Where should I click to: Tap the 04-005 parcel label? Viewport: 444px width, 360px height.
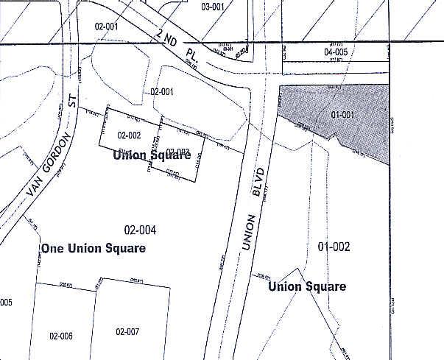(336, 52)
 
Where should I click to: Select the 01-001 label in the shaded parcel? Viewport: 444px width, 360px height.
(343, 114)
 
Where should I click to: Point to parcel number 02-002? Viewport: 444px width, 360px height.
(129, 135)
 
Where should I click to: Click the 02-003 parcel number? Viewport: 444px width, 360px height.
(178, 152)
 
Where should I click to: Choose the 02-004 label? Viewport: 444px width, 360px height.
(140, 230)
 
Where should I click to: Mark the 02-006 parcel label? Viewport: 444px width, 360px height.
(60, 336)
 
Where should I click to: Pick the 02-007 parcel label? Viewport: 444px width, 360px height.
(127, 331)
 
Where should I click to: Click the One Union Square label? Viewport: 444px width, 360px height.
(94, 248)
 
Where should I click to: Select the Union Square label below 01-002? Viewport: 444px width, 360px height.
(307, 286)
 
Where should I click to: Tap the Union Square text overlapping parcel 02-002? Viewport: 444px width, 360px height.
(152, 155)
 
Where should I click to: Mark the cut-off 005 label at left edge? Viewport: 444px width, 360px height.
(6, 303)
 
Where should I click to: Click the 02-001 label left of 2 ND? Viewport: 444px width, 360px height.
(107, 27)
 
